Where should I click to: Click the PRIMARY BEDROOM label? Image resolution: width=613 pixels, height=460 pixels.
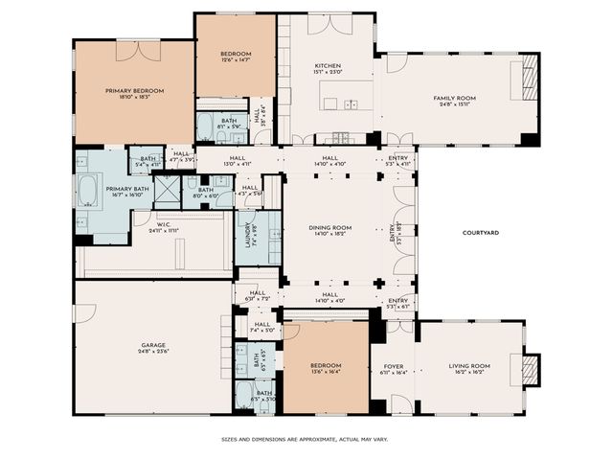pyautogui.click(x=134, y=90)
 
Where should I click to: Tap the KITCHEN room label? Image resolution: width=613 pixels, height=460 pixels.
pyautogui.click(x=328, y=65)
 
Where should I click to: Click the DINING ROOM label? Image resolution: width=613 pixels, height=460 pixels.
pyautogui.click(x=329, y=227)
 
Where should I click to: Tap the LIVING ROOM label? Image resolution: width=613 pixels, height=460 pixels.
pyautogui.click(x=469, y=365)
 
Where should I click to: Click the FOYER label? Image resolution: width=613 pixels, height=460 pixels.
pyautogui.click(x=394, y=365)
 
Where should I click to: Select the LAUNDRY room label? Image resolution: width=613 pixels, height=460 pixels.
pyautogui.click(x=245, y=236)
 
